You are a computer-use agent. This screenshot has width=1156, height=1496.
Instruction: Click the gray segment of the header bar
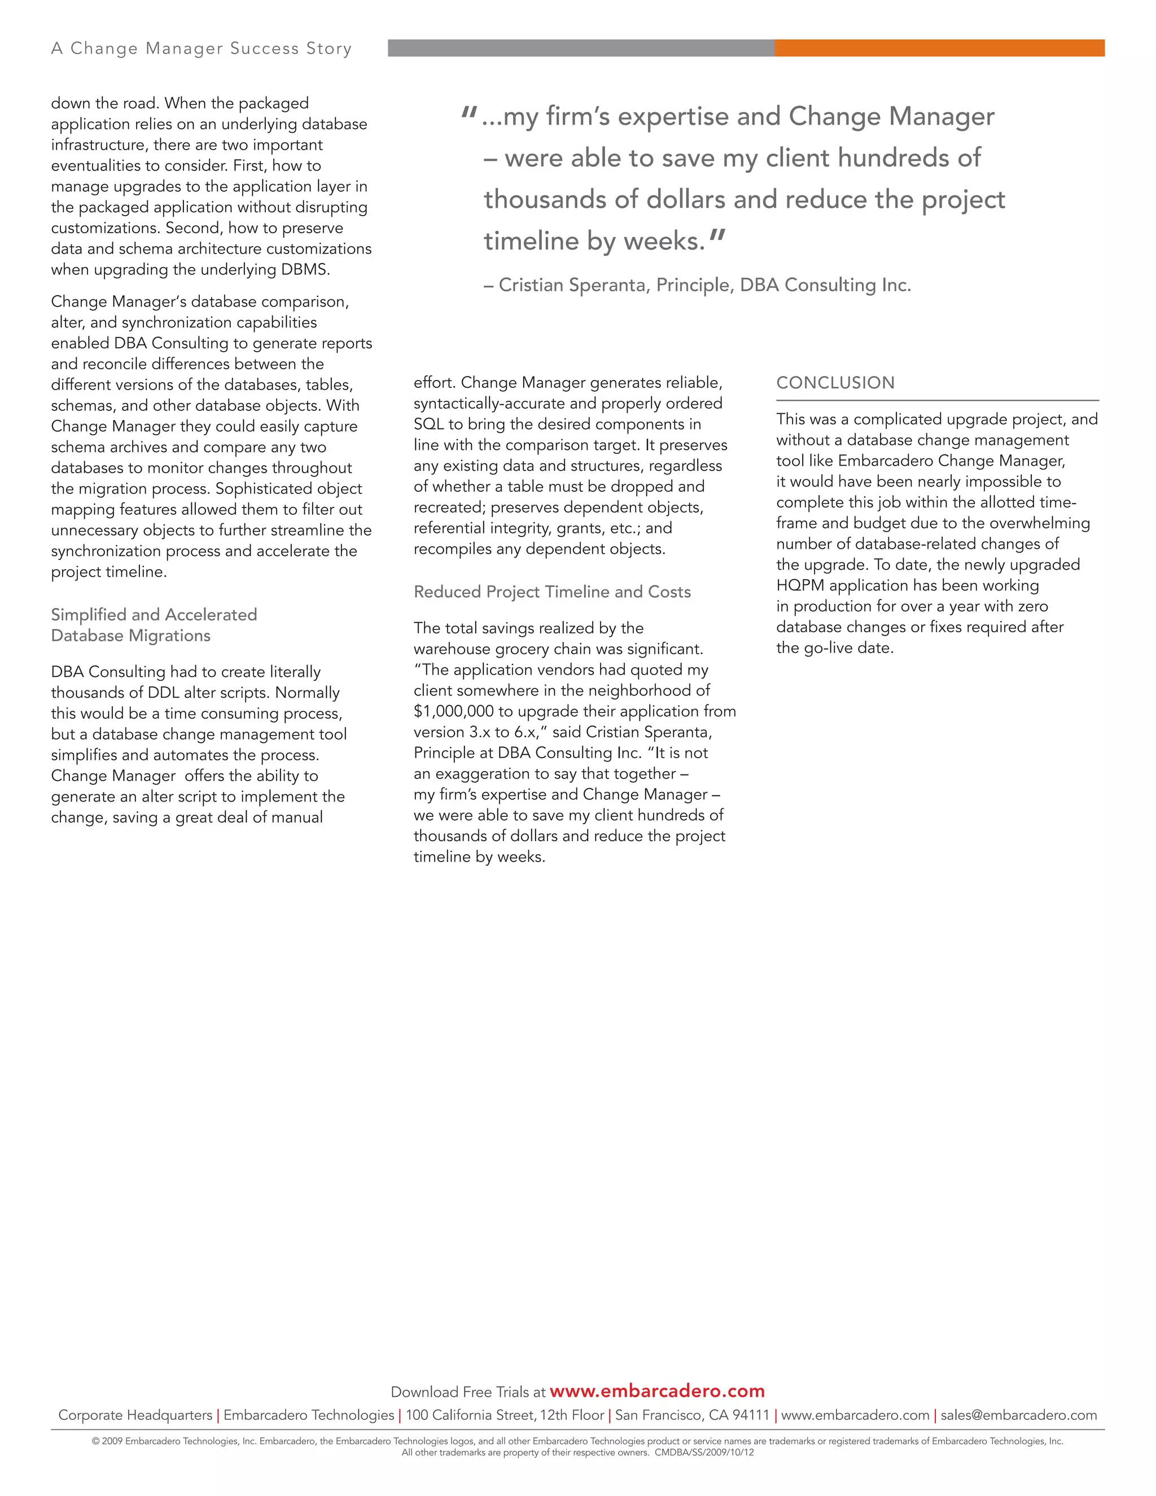point(581,48)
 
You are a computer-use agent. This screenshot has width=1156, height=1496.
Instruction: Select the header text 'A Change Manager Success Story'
point(202,49)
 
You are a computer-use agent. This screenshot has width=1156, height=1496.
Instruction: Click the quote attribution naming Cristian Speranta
point(697,285)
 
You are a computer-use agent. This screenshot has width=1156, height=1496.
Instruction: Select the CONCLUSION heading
point(835,383)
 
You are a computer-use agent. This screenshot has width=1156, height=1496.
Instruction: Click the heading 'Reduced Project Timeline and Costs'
point(552,592)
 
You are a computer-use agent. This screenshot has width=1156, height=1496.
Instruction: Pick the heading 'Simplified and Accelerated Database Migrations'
point(154,625)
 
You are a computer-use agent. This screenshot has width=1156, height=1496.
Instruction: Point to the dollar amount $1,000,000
point(453,711)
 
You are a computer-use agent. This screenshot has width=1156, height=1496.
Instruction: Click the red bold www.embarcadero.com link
point(657,1391)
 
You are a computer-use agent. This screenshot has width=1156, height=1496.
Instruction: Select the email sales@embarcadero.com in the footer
point(1018,1415)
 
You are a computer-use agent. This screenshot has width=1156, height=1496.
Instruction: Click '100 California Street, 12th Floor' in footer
point(505,1415)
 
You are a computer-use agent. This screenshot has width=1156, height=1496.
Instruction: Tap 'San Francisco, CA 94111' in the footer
point(693,1415)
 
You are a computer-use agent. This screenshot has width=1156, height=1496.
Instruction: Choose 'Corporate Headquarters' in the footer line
point(135,1415)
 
